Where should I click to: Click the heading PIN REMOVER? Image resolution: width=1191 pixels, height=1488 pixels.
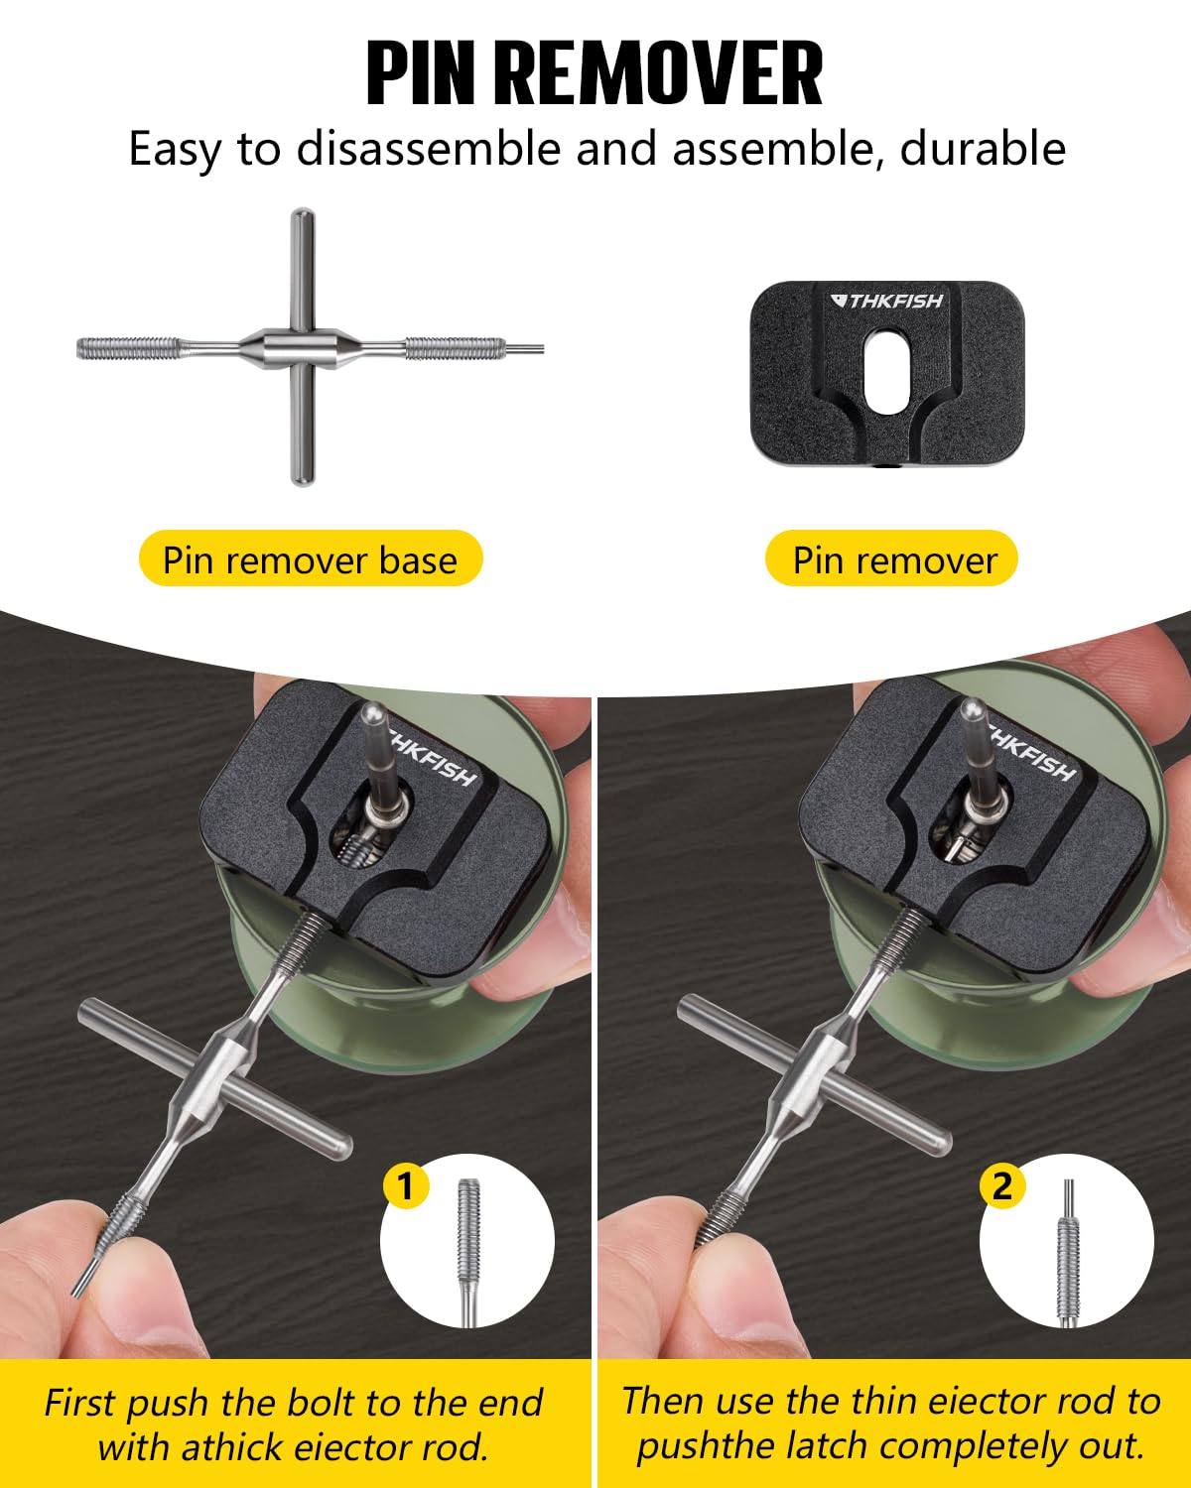(595, 74)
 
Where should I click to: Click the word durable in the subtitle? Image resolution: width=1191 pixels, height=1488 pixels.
(983, 149)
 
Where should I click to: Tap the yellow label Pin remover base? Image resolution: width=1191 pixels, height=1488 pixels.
(310, 560)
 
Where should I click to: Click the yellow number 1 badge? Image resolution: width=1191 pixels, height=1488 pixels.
(405, 1185)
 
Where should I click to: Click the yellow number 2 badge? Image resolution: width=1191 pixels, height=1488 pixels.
(1002, 1185)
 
